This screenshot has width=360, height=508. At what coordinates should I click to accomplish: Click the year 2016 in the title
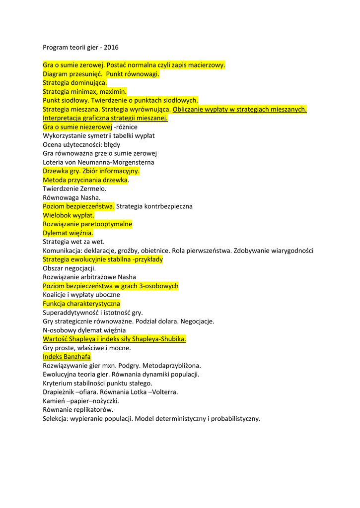(x=111, y=48)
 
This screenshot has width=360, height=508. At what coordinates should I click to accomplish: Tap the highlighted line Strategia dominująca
(x=75, y=83)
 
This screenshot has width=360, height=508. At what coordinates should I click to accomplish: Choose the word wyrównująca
(x=151, y=109)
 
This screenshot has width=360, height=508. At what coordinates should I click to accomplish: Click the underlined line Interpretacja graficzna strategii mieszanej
(x=105, y=118)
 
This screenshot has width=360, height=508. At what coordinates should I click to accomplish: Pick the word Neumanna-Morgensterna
(x=125, y=162)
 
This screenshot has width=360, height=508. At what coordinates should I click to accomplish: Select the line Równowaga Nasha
(x=72, y=197)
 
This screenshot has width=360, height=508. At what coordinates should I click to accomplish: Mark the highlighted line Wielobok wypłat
(x=69, y=215)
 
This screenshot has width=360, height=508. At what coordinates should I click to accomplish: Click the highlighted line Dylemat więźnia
(x=68, y=233)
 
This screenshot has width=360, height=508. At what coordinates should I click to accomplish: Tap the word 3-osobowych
(x=158, y=286)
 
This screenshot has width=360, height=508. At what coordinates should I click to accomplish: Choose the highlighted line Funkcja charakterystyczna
(x=81, y=304)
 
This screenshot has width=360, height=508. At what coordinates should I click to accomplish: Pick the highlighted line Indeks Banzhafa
(x=67, y=357)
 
